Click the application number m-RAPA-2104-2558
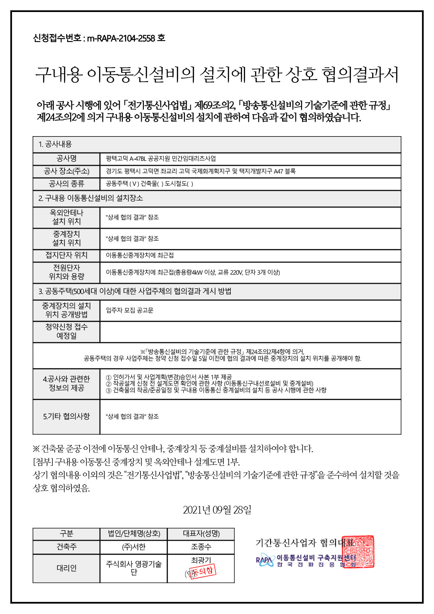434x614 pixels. (x=121, y=38)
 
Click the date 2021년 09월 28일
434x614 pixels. (x=217, y=510)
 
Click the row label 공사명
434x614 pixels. (x=66, y=159)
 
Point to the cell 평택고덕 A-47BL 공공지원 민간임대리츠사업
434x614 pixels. (x=161, y=159)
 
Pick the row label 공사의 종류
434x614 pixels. (x=66, y=184)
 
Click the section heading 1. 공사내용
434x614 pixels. (x=55, y=144)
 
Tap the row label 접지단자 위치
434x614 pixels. (x=66, y=255)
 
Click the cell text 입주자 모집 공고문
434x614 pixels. (x=130, y=310)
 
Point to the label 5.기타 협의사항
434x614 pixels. (x=66, y=416)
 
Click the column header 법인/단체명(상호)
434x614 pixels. (x=134, y=534)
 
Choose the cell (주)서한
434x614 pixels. (x=134, y=547)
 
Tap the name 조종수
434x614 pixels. (x=201, y=547)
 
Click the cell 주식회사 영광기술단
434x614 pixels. (x=134, y=568)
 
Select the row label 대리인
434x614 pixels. (x=66, y=568)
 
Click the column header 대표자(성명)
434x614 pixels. (x=201, y=534)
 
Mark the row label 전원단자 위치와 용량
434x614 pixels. (x=66, y=272)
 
